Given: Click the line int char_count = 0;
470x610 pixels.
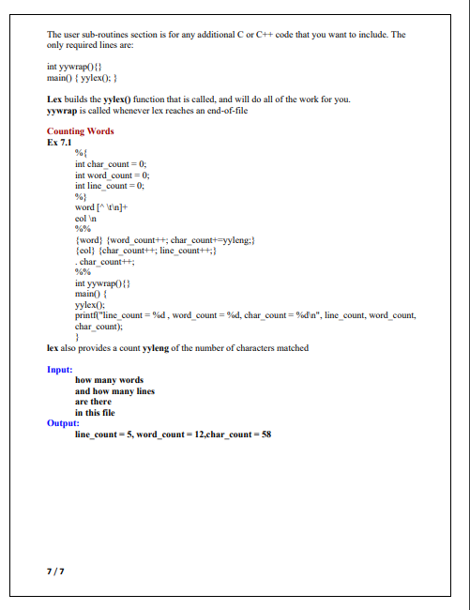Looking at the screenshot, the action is click(111, 163).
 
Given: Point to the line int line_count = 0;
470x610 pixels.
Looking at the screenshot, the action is click(110, 186).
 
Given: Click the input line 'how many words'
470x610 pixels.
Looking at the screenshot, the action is click(109, 380).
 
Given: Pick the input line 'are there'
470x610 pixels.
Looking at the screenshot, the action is click(93, 402).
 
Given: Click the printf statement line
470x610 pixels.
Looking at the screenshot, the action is click(244, 316).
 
